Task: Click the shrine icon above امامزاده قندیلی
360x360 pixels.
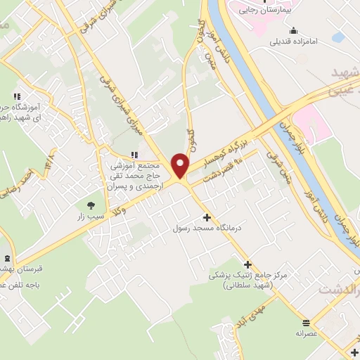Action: pyautogui.click(x=292, y=30)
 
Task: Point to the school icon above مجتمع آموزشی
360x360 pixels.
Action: pyautogui.click(x=134, y=155)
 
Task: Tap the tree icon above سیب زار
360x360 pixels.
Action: pyautogui.click(x=91, y=205)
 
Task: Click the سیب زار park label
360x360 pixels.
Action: pyautogui.click(x=91, y=216)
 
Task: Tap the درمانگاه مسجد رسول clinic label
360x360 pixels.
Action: pyautogui.click(x=207, y=229)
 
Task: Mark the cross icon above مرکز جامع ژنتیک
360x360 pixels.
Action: pyautogui.click(x=247, y=264)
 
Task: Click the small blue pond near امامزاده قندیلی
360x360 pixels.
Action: pyautogui.click(x=339, y=37)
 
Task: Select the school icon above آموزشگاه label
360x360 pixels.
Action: pyautogui.click(x=16, y=96)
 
